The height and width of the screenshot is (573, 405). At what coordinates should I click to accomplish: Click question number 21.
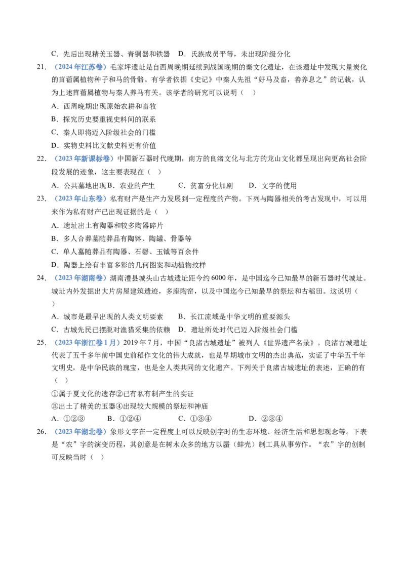[42, 67]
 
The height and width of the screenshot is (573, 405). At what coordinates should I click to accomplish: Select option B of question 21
[104, 119]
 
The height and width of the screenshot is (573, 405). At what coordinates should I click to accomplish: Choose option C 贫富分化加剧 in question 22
[206, 185]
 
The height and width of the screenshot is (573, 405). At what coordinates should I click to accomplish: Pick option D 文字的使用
[273, 185]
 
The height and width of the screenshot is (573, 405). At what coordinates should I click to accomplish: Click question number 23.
[42, 198]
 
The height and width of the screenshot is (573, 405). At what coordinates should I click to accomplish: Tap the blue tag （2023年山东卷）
[80, 198]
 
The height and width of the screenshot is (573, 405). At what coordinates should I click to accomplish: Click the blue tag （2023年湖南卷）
[80, 278]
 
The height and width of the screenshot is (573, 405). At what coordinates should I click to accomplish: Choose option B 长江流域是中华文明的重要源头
[234, 316]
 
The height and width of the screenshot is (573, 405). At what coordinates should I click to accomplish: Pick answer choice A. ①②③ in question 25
[68, 419]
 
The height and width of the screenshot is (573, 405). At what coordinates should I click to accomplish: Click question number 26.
[42, 432]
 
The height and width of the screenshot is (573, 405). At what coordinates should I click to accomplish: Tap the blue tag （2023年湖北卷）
[80, 432]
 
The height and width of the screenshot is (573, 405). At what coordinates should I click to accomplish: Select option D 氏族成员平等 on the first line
[234, 54]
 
